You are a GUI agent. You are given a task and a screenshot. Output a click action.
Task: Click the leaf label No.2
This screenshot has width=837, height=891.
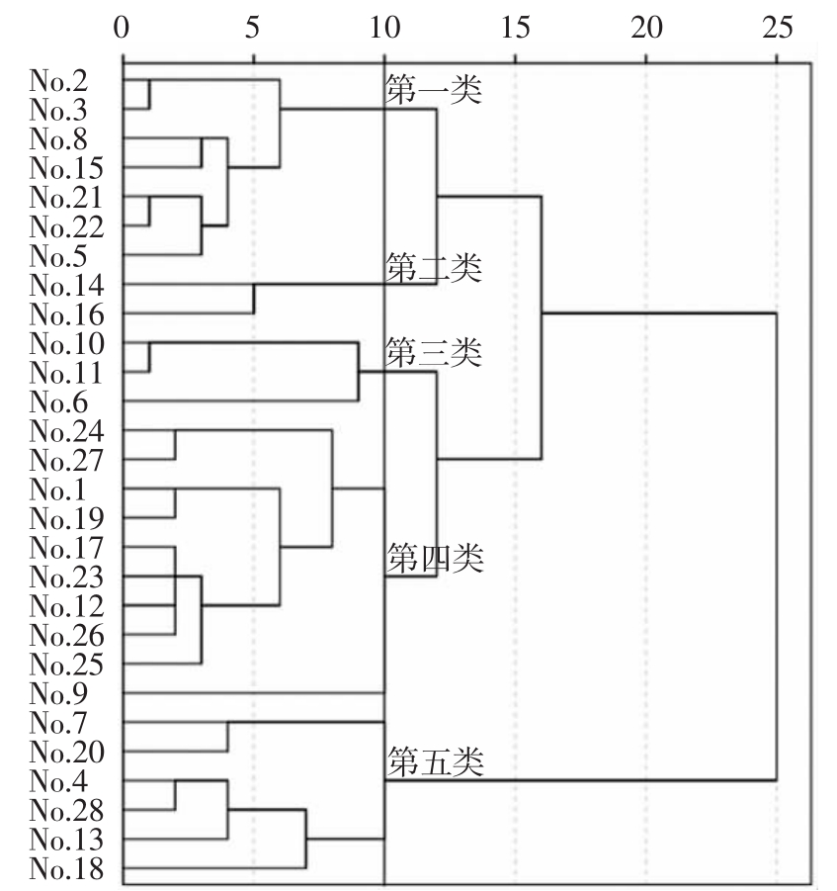pos(58,80)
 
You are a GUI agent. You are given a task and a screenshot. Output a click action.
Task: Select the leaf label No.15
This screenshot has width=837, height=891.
pos(66,168)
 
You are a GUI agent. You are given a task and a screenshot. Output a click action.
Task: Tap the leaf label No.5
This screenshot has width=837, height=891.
pos(58,255)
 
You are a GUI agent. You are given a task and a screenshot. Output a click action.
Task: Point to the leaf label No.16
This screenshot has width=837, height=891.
pos(66,313)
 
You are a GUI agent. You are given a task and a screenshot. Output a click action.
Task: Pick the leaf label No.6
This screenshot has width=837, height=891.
pos(58,401)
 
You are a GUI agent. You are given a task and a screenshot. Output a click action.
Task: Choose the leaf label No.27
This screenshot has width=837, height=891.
pos(66,460)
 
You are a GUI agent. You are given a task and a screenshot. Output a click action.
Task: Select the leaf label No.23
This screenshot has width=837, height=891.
pos(66,577)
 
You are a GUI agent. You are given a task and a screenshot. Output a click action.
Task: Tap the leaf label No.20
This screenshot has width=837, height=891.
pos(66,752)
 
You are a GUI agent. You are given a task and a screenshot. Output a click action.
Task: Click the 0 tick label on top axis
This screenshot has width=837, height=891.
pos(122,28)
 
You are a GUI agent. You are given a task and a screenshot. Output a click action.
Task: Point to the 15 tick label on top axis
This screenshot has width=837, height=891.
pos(516,28)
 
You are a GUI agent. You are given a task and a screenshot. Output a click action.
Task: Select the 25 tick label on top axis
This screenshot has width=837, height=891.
pos(778,28)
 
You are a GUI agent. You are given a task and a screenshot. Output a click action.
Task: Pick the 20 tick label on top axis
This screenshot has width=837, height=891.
pos(646,28)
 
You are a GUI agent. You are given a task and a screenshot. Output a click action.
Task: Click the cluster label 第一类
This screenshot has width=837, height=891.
pos(434,89)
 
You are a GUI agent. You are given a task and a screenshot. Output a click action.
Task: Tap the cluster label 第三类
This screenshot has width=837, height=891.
pos(434,352)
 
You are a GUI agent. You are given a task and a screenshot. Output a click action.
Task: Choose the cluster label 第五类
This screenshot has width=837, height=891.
pos(436,761)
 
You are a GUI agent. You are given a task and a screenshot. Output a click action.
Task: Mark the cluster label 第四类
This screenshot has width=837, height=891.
pos(436,558)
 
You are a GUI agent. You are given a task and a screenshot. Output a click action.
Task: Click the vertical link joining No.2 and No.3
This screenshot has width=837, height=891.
pos(149,94)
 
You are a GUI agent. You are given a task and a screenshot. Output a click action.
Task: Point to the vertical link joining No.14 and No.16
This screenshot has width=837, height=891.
pos(254,299)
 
